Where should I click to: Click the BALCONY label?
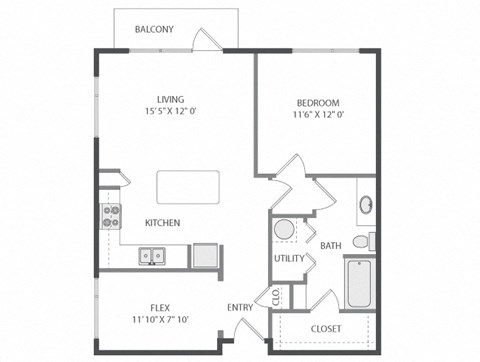click(155, 30)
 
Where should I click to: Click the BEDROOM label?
click(318, 103)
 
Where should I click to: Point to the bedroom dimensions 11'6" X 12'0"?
click(318, 117)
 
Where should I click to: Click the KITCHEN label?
click(162, 222)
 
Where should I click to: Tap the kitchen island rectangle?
click(187, 187)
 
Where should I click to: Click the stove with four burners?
click(109, 217)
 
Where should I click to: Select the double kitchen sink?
click(152, 256)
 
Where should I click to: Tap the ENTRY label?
click(240, 307)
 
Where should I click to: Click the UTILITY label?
click(288, 259)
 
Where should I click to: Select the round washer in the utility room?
click(284, 230)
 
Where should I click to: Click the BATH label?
click(331, 245)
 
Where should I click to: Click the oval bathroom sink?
click(366, 205)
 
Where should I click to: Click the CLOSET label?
click(326, 328)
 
